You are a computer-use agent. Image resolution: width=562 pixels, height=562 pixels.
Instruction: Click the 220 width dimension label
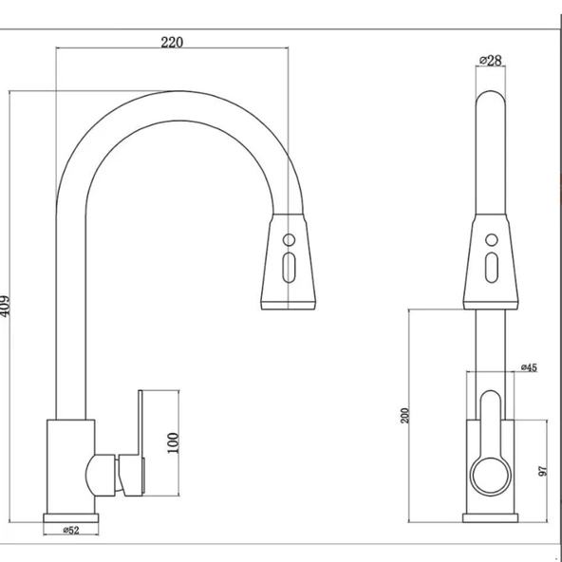(172, 43)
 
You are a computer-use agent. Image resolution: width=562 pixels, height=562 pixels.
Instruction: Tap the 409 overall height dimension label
(5, 306)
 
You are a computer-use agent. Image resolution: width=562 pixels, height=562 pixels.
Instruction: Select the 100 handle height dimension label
(173, 443)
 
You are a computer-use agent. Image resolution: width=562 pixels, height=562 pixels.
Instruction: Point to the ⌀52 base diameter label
(71, 530)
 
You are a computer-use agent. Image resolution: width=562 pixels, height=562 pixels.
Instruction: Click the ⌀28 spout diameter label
(491, 60)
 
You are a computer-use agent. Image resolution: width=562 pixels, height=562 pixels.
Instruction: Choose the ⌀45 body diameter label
(529, 367)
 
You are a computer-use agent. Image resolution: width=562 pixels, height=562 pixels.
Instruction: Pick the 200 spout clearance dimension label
(404, 416)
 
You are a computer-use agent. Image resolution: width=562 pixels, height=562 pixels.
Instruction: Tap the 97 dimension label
(543, 471)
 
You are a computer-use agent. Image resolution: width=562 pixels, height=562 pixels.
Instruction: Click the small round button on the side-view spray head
(289, 240)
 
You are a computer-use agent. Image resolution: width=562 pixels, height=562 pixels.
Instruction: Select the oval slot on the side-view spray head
(289, 268)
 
